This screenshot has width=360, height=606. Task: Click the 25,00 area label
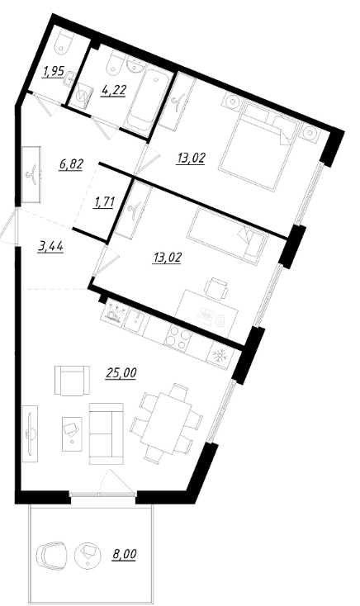click(121, 372)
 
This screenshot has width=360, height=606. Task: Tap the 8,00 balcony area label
click(125, 555)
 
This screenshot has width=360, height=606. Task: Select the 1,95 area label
click(54, 72)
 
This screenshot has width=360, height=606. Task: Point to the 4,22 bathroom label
click(113, 92)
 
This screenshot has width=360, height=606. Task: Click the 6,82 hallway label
click(72, 164)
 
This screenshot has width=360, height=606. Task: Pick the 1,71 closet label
click(103, 202)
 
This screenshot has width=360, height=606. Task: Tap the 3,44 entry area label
click(50, 246)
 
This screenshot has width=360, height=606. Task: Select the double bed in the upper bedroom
click(260, 146)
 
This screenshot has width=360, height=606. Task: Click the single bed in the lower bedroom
click(227, 236)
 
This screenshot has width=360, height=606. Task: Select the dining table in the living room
click(166, 424)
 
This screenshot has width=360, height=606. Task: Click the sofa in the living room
click(106, 433)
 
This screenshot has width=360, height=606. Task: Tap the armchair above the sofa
click(72, 381)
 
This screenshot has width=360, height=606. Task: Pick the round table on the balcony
click(88, 555)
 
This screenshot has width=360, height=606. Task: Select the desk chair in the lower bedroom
click(216, 287)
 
